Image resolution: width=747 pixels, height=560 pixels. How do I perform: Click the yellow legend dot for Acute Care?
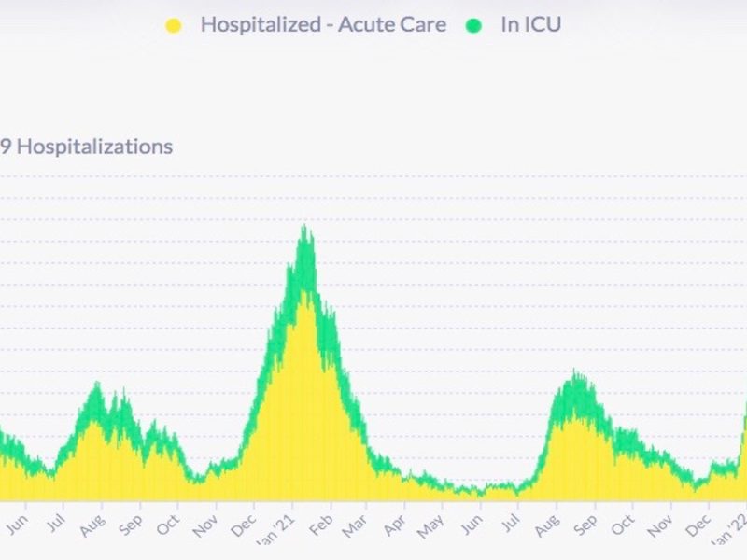(174, 25)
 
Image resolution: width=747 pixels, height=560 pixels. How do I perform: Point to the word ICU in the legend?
(543, 25)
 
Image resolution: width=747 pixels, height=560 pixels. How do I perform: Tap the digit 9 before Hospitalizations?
(5, 147)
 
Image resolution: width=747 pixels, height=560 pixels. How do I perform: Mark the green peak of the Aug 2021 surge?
(577, 372)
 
